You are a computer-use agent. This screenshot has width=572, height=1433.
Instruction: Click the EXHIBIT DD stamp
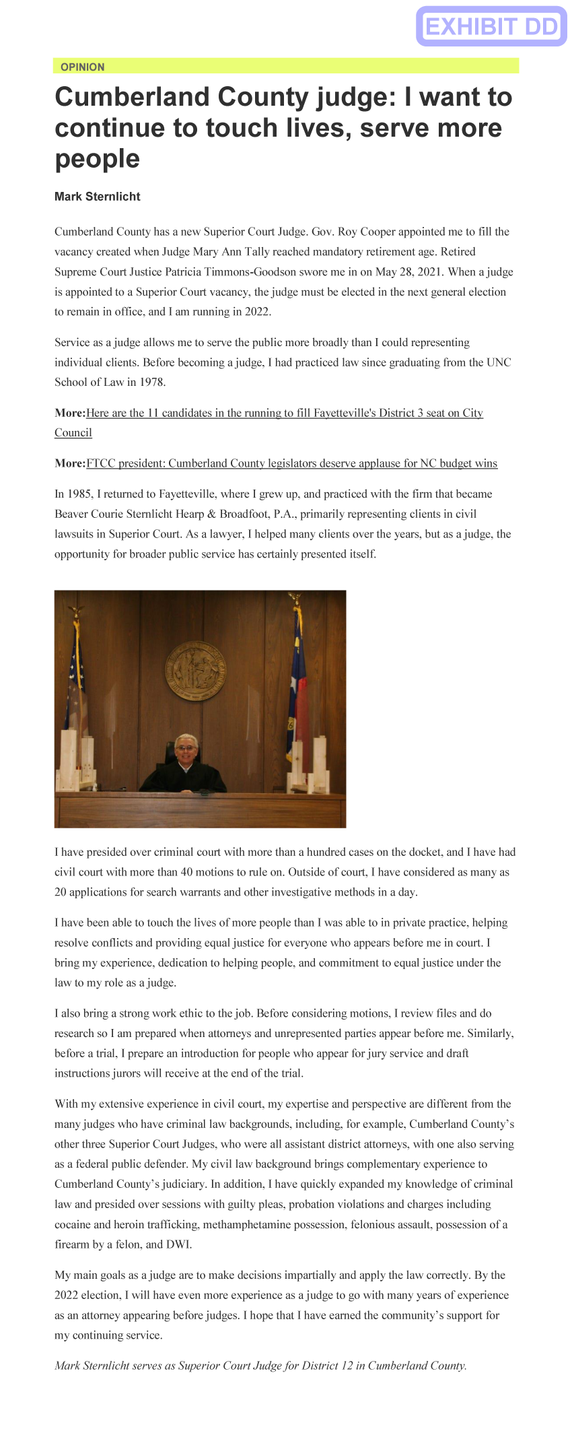point(491,26)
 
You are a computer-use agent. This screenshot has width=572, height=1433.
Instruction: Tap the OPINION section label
point(82,67)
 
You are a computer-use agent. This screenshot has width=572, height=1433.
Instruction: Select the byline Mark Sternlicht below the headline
point(98,197)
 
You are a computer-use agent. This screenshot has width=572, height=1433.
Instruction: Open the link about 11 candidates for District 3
point(284,413)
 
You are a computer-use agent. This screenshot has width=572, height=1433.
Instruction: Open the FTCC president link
point(291,463)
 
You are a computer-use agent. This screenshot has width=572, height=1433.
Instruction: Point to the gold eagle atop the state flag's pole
point(294,598)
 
